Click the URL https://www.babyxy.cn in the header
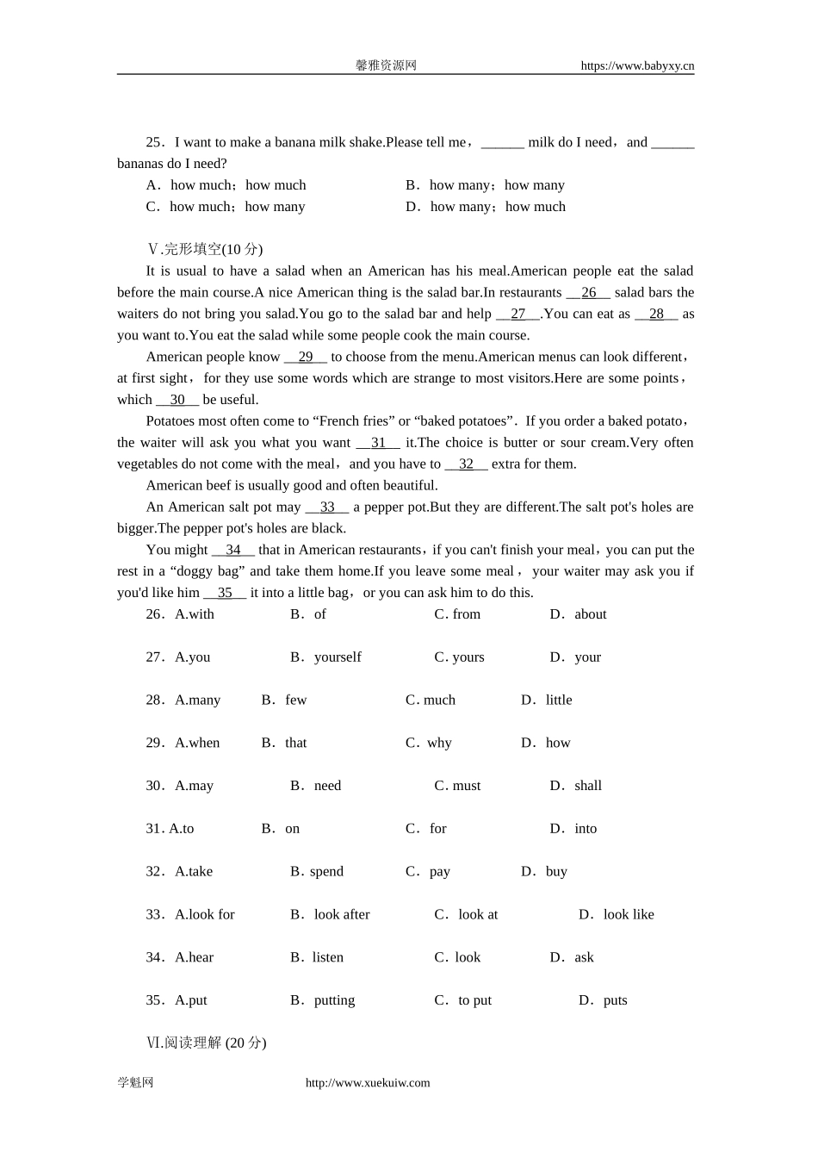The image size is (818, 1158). tap(637, 65)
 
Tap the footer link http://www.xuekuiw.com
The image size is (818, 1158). tap(368, 1083)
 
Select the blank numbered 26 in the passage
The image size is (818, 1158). tap(589, 293)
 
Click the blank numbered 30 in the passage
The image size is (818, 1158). tap(177, 400)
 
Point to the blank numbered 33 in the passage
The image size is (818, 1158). tap(327, 507)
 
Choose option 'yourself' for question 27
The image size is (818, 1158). tap(337, 657)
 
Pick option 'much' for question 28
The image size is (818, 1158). tap(439, 700)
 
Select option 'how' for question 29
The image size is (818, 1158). tap(557, 743)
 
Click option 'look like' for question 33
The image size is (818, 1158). tap(628, 915)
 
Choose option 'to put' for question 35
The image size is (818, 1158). tap(474, 1000)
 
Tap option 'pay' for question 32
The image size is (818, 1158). tap(439, 872)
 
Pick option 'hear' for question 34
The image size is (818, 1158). tap(194, 957)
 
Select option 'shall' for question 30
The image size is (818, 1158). tap(587, 786)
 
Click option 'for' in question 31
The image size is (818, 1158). tap(437, 829)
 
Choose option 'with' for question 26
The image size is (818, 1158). tap(194, 614)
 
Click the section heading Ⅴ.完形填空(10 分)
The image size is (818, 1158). tap(205, 250)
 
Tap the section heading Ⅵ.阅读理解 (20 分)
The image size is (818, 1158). tap(207, 1043)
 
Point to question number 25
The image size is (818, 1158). tap(154, 143)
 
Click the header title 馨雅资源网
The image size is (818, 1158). tap(386, 65)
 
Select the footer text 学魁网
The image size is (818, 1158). tap(135, 1083)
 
